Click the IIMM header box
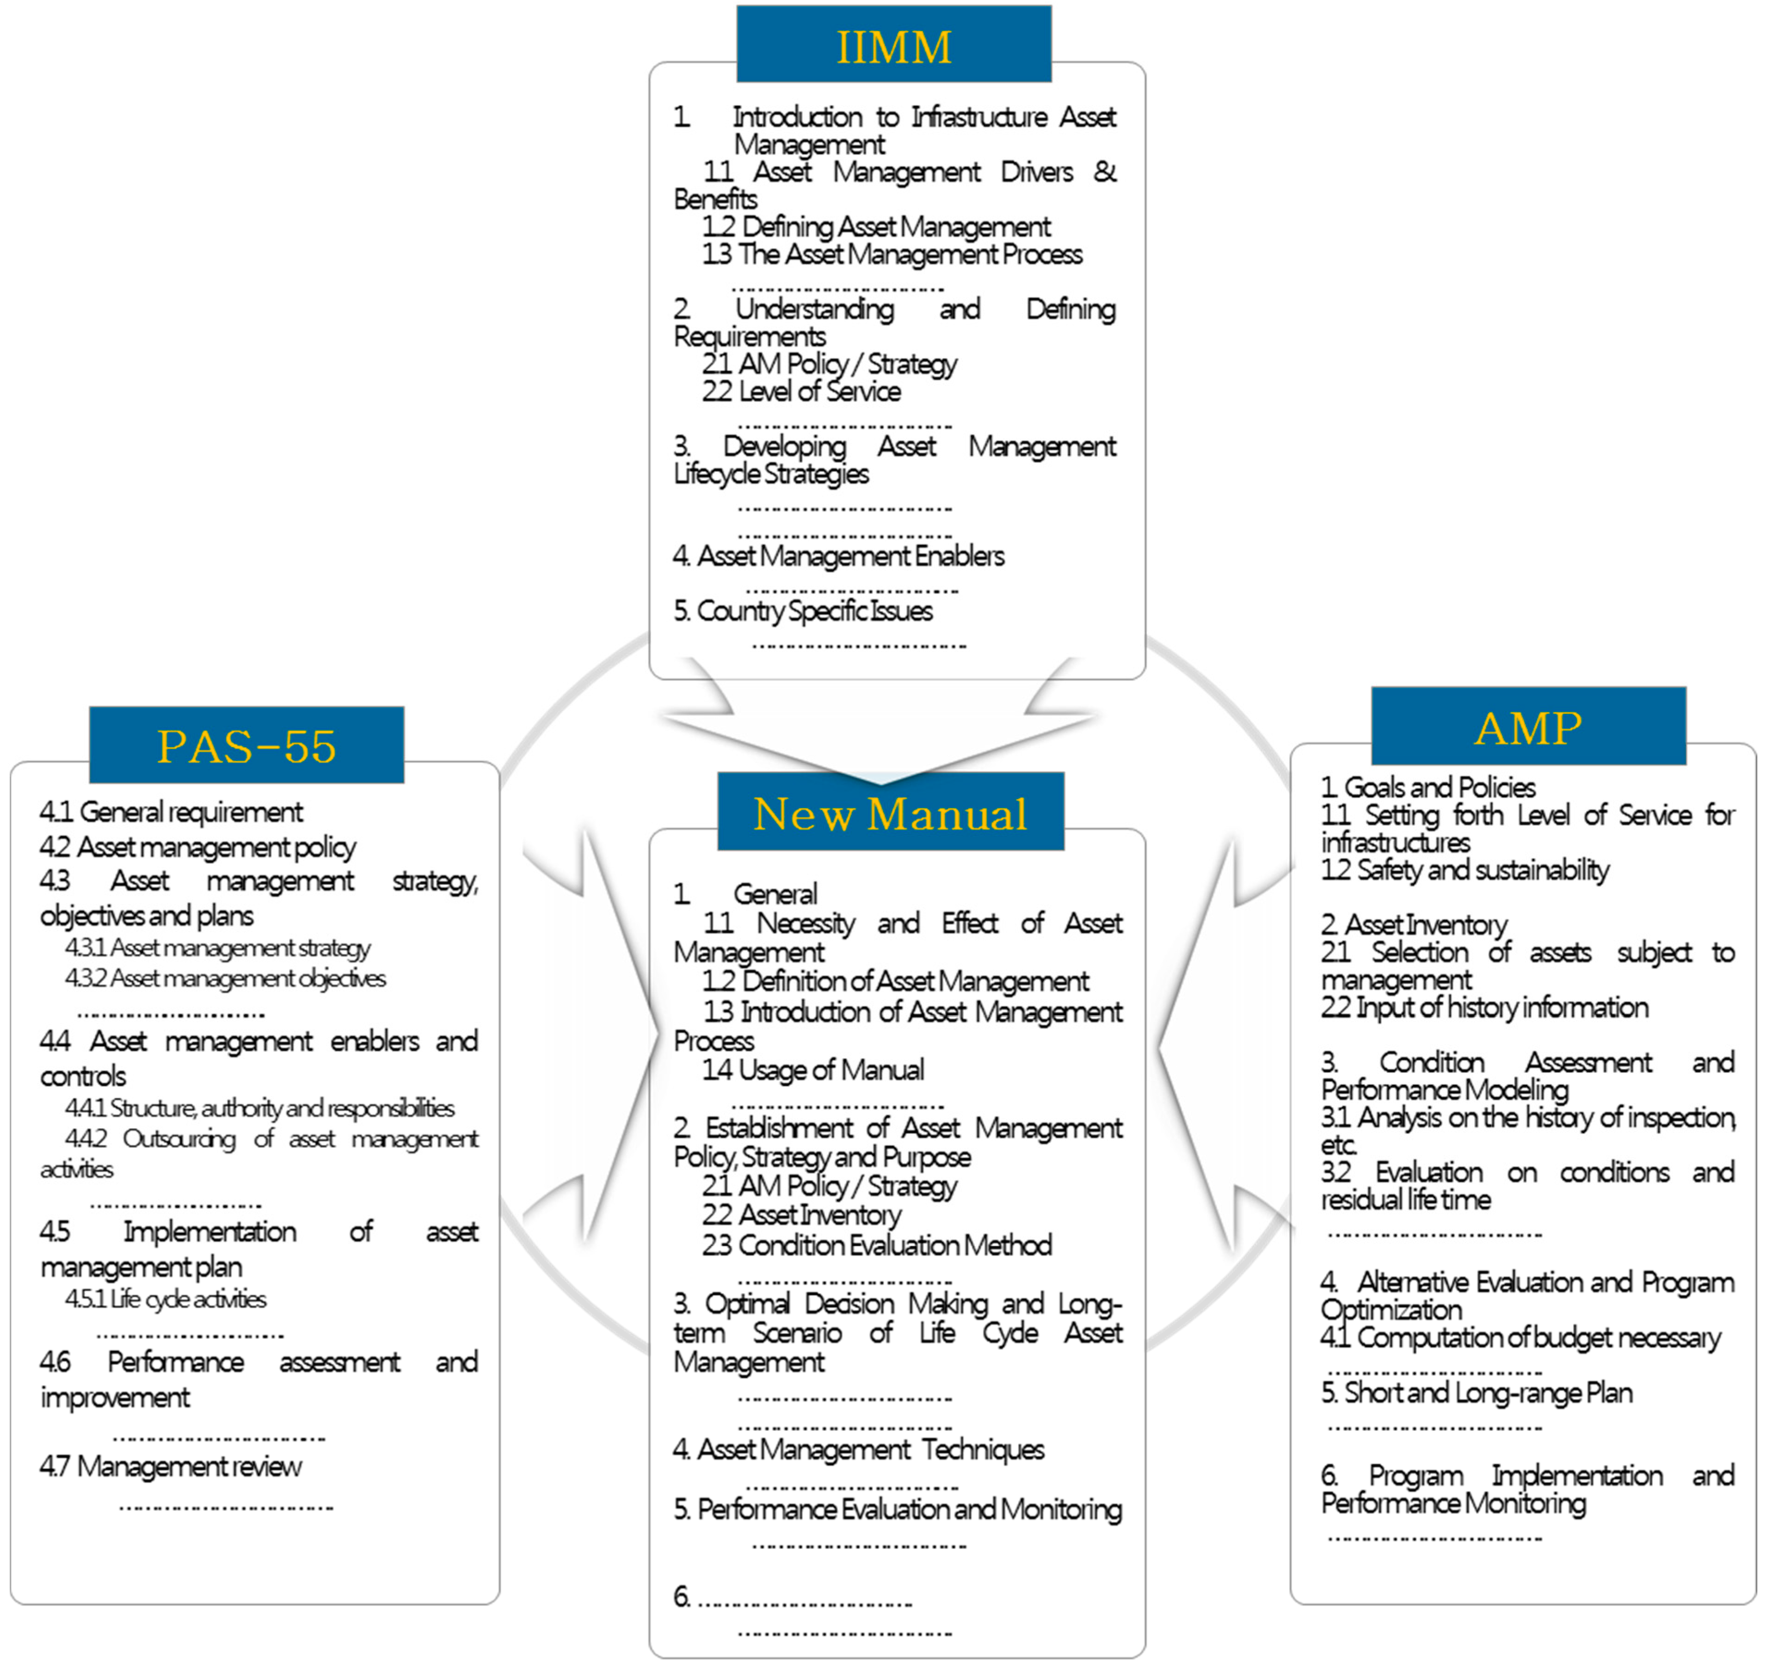894,44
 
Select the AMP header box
1528,727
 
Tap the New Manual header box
890,812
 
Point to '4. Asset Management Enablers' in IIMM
838,556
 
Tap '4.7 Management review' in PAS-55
171,1466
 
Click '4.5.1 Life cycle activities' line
165,1299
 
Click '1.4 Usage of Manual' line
813,1070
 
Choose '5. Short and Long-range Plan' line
1477,1392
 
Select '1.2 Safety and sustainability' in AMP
1465,870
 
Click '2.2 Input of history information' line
1484,1008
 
